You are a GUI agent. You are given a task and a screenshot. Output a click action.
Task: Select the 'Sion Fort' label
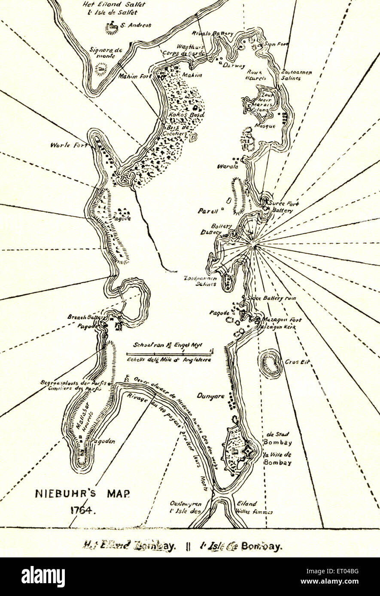tap(275, 44)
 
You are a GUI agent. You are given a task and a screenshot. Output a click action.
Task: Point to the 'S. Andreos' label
tap(135, 25)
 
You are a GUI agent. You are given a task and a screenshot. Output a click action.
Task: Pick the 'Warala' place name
tap(228, 166)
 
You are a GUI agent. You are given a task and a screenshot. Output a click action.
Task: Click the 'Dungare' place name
tap(210, 397)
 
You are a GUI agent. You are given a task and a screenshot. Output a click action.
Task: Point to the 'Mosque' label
tap(264, 126)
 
